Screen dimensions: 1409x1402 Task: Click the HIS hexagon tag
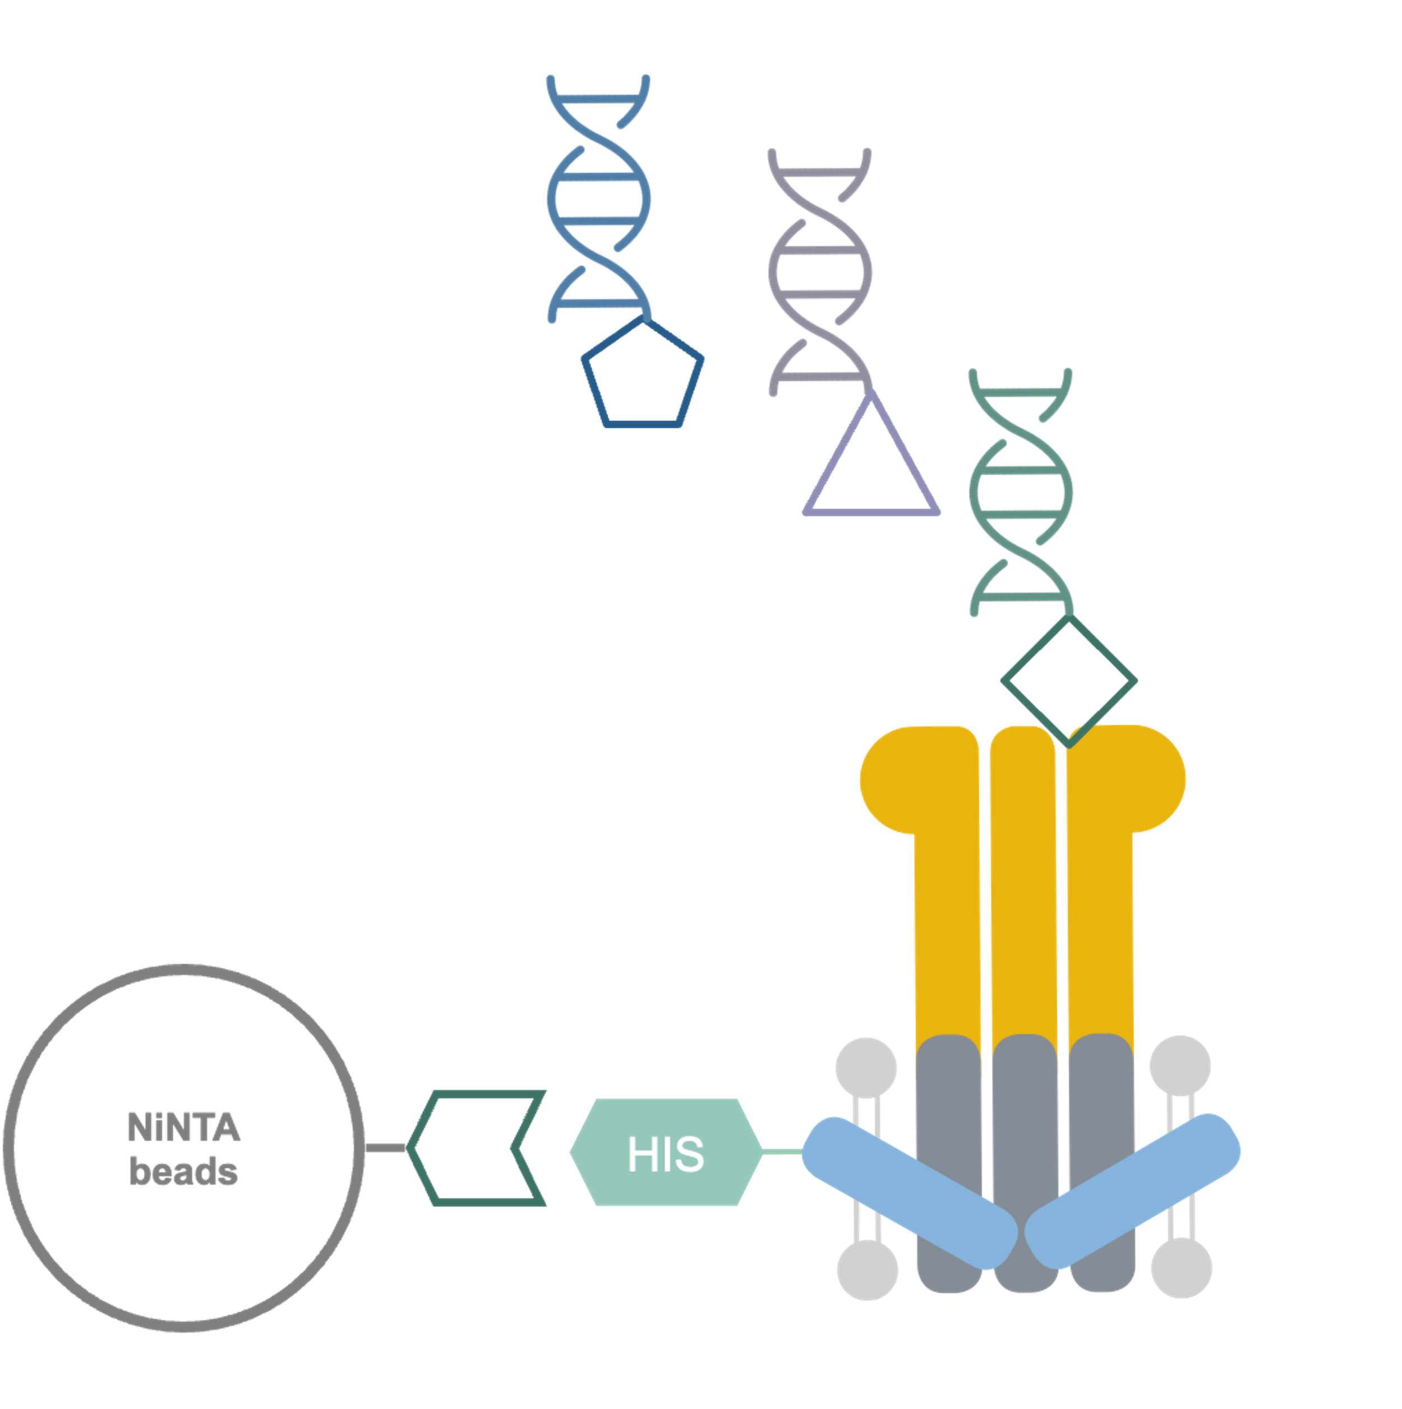pyautogui.click(x=665, y=1153)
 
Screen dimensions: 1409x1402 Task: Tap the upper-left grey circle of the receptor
pyautogui.click(x=866, y=1066)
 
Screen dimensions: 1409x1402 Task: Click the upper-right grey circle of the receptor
pyautogui.click(x=1180, y=1066)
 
